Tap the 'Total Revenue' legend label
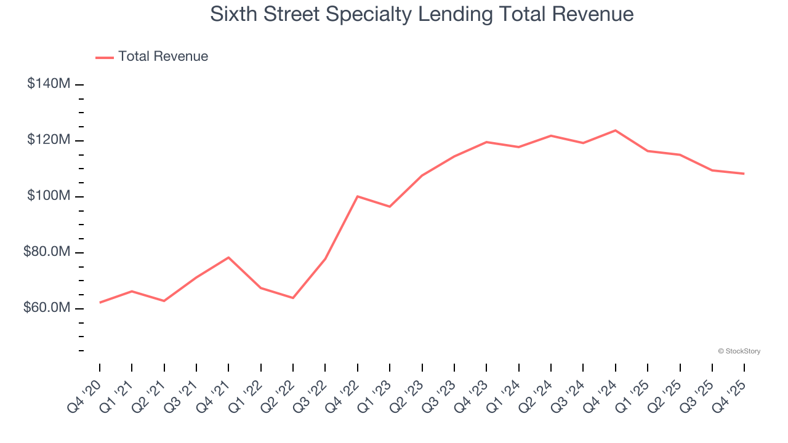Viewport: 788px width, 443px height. (x=163, y=57)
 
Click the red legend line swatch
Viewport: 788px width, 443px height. (x=105, y=57)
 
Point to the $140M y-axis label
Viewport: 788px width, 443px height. (x=48, y=84)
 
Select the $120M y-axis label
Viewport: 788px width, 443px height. (x=48, y=140)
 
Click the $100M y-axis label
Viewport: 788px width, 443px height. (x=48, y=196)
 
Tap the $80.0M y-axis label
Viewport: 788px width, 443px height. (x=46, y=252)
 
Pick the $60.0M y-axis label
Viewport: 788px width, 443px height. (x=46, y=308)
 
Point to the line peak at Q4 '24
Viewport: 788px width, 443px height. (x=615, y=130)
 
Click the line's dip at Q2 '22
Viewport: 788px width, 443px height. (x=293, y=298)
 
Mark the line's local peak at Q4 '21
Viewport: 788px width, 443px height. (x=228, y=257)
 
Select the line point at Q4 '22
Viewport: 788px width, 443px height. (x=358, y=196)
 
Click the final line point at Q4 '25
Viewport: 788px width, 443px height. (x=744, y=174)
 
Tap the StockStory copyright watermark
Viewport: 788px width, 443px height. (x=739, y=351)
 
